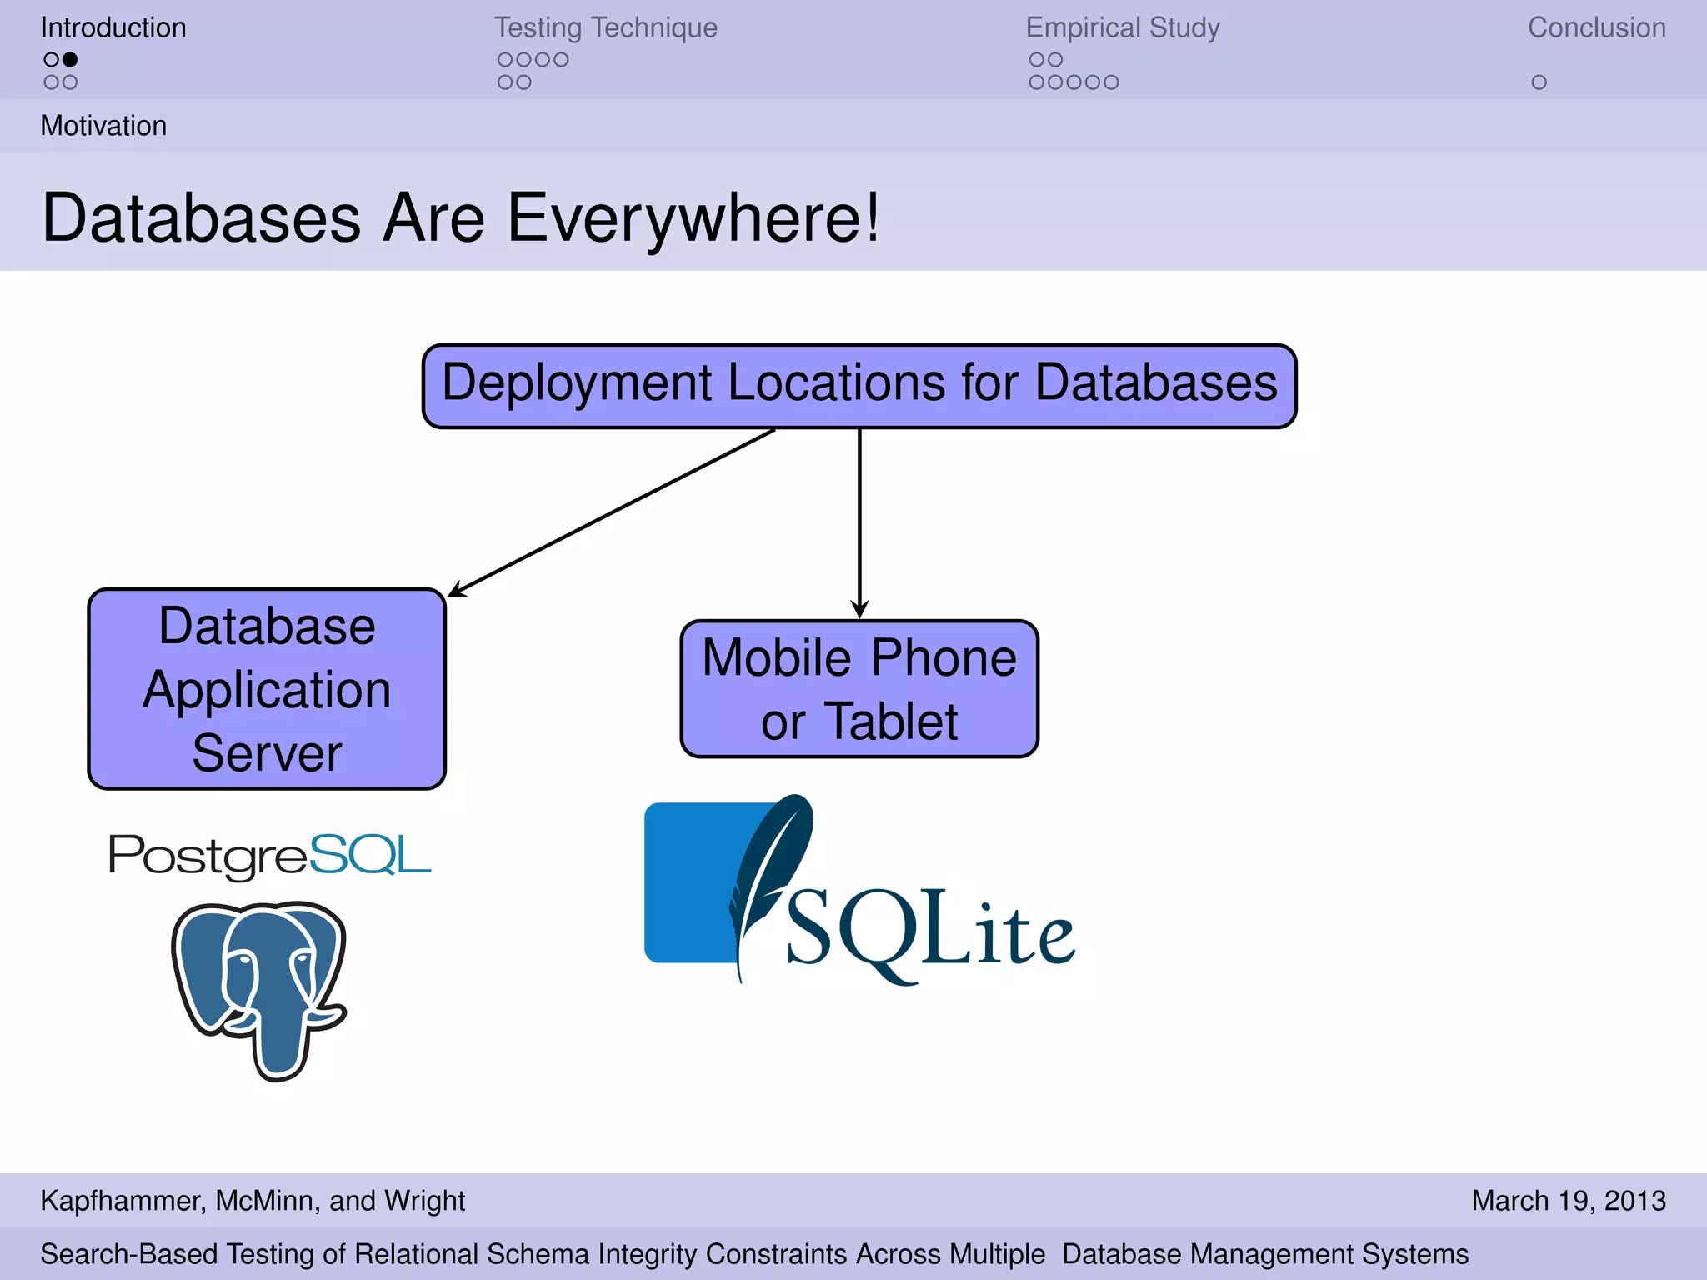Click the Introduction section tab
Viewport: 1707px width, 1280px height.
coord(113,27)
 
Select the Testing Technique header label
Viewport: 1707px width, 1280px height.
coord(605,27)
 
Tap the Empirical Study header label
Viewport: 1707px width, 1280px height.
coord(1122,27)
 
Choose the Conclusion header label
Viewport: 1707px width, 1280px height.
coord(1596,27)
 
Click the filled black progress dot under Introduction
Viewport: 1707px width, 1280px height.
coord(70,59)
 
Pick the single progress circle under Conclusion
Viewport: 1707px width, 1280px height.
coord(1539,82)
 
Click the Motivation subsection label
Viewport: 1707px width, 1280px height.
coord(103,126)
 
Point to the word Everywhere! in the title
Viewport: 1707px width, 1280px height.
coord(693,217)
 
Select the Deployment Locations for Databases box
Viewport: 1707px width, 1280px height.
coord(859,386)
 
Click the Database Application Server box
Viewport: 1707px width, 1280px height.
coord(267,689)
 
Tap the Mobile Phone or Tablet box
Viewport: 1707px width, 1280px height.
coord(859,689)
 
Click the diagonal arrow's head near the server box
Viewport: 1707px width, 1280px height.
coord(455,592)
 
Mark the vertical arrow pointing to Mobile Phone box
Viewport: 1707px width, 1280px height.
coord(859,525)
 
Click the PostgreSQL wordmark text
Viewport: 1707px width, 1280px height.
coord(269,855)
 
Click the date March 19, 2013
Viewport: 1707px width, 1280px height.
coord(1568,1201)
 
